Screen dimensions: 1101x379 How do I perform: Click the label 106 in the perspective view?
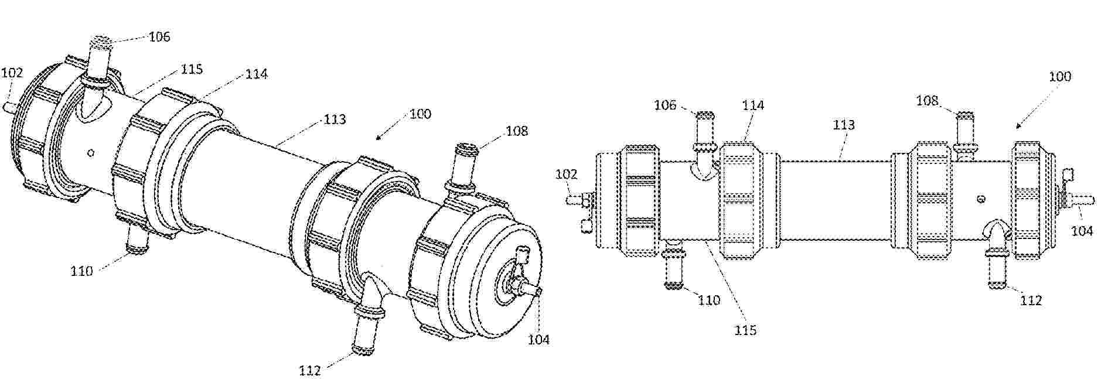(x=159, y=37)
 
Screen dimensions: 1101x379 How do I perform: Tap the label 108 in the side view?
(x=928, y=101)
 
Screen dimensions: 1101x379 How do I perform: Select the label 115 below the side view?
(x=745, y=330)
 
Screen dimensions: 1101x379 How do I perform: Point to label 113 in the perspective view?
(x=335, y=119)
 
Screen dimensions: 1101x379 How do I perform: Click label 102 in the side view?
(x=567, y=174)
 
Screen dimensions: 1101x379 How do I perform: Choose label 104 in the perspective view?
(x=538, y=339)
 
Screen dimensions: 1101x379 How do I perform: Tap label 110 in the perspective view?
(x=82, y=271)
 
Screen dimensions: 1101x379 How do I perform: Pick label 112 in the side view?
(x=1031, y=300)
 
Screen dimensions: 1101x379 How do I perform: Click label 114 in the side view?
(x=753, y=105)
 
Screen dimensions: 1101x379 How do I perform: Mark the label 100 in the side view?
(x=1059, y=77)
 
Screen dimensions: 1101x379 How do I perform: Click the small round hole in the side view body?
(x=981, y=199)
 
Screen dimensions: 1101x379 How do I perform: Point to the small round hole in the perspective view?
(x=90, y=153)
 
